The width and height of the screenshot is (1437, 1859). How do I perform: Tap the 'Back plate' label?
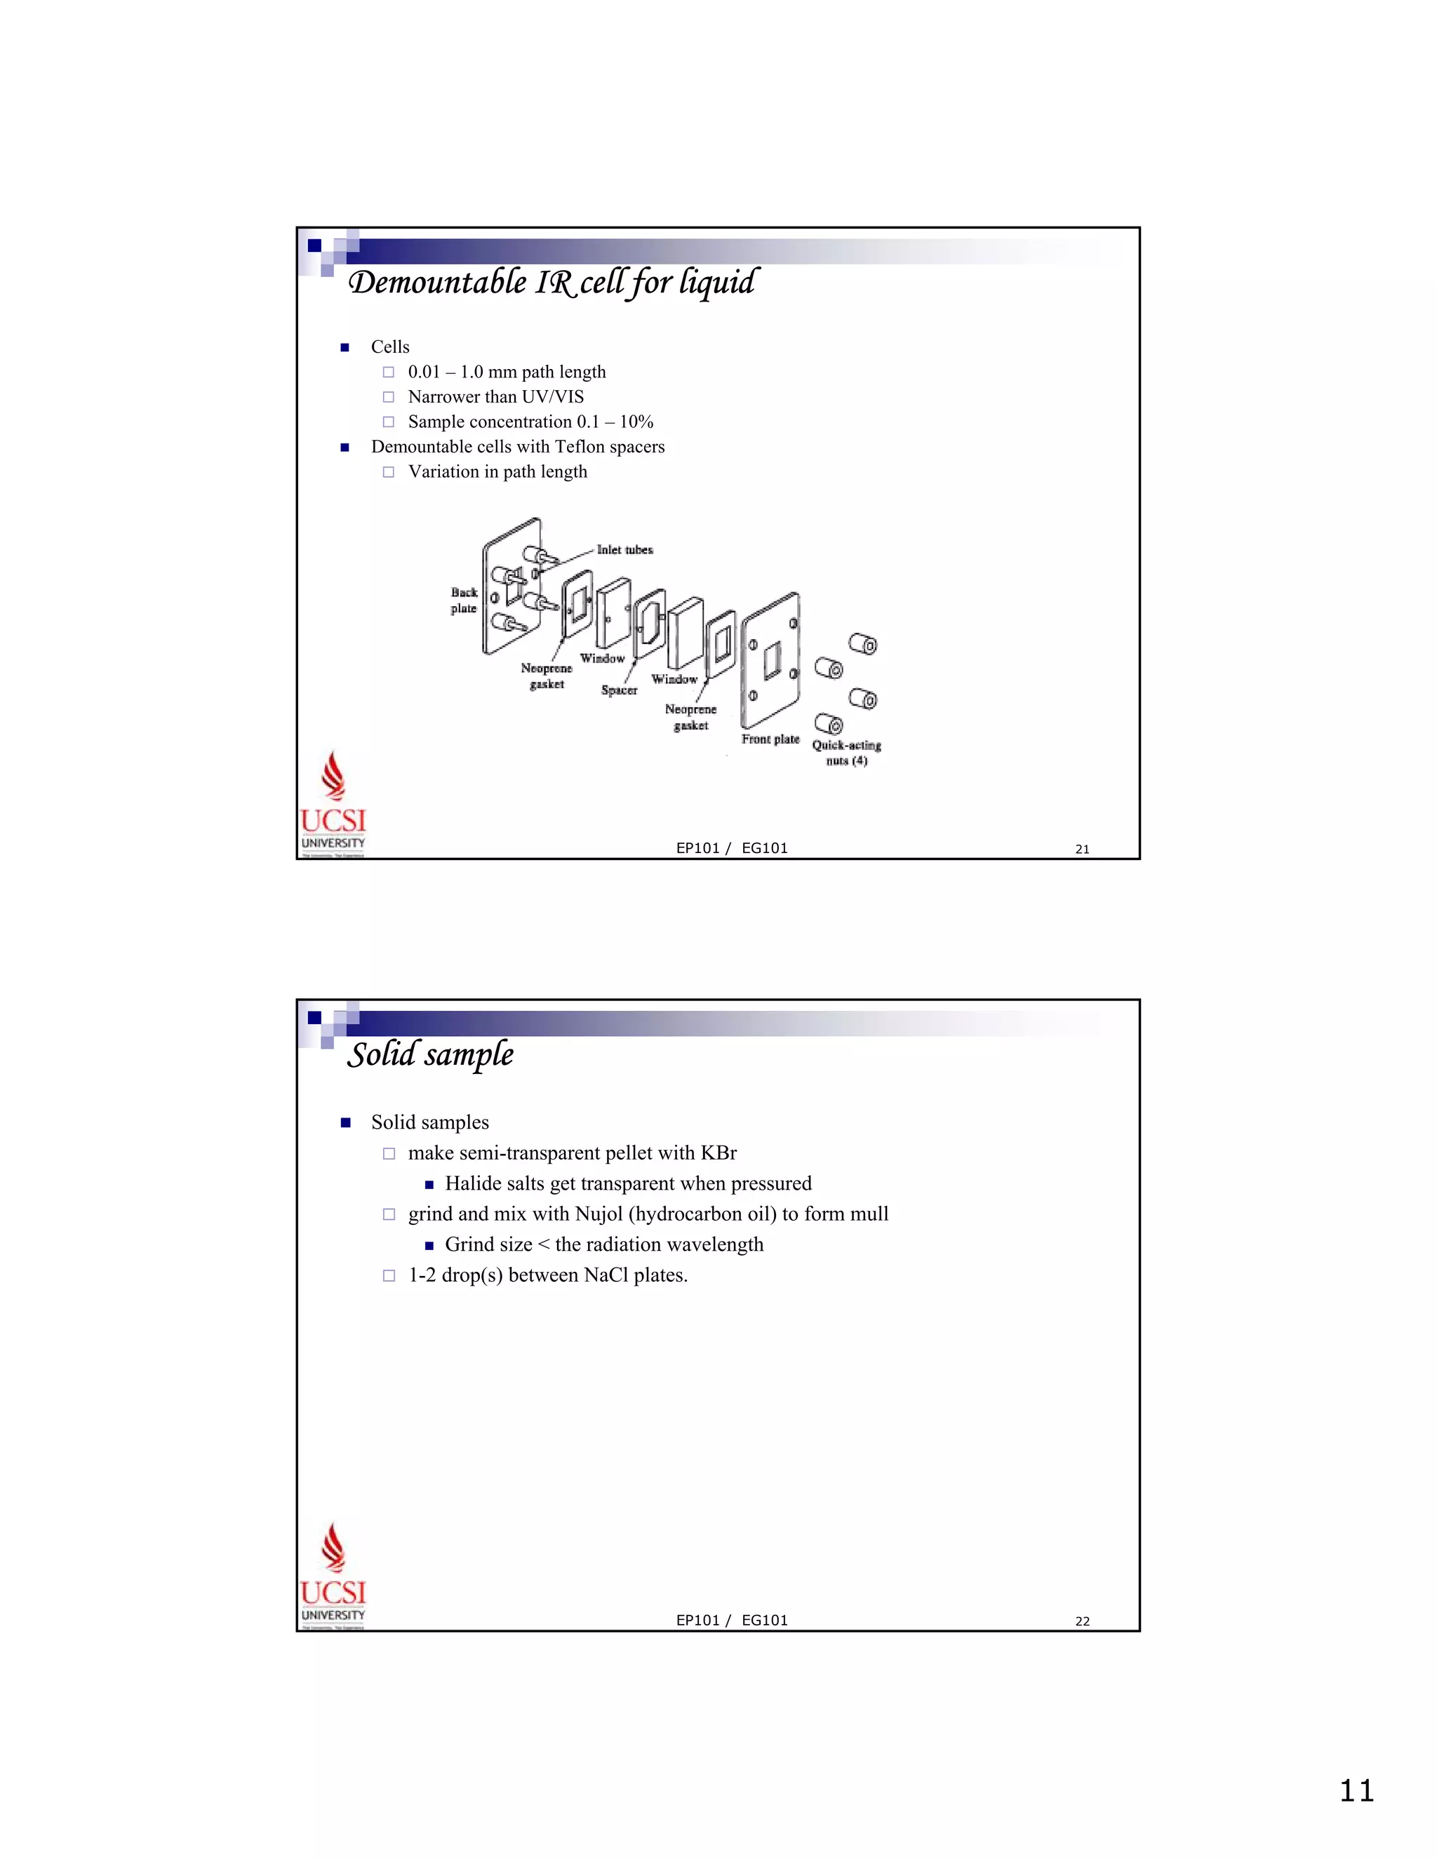464,600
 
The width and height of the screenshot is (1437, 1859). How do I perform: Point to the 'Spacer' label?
619,690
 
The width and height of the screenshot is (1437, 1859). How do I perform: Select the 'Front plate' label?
770,739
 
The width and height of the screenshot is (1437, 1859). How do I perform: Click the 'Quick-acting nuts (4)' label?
846,753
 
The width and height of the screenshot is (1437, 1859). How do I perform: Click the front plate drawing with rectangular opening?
770,659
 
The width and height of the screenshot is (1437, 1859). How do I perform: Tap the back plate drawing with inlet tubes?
512,587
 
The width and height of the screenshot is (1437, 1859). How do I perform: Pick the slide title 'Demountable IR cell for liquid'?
551,282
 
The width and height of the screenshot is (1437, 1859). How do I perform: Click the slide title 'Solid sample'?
431,1054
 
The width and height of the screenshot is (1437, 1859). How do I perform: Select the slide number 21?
1082,849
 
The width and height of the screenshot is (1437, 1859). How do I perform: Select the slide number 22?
1082,1621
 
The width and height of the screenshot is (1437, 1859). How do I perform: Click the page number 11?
1356,1791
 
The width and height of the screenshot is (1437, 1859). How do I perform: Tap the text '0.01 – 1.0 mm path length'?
507,372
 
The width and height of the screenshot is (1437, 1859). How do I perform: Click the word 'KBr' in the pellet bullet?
718,1153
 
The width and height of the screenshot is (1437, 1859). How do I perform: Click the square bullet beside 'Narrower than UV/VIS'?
388,396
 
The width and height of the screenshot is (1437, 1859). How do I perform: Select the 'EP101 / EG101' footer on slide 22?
731,1620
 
